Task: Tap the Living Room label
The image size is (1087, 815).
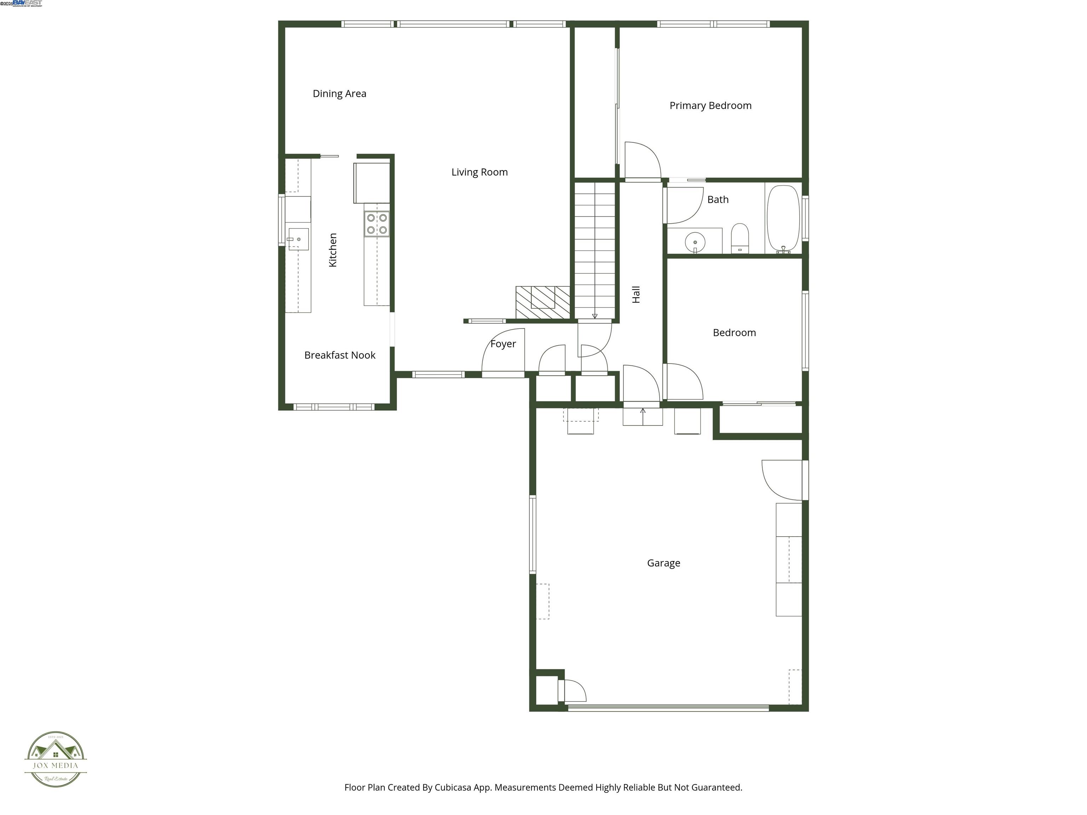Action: pyautogui.click(x=479, y=172)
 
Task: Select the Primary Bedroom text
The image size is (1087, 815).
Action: pyautogui.click(x=710, y=106)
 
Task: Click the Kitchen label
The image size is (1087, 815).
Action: pyautogui.click(x=333, y=250)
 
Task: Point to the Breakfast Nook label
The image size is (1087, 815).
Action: pyautogui.click(x=340, y=355)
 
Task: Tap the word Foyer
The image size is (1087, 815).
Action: pyautogui.click(x=503, y=344)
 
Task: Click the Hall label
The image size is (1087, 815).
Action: pyautogui.click(x=636, y=294)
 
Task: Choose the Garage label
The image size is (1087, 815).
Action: pyautogui.click(x=663, y=563)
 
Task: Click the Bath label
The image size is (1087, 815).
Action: pyautogui.click(x=718, y=200)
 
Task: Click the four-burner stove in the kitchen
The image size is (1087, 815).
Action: pyautogui.click(x=377, y=224)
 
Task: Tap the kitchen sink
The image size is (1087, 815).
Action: pyautogui.click(x=298, y=239)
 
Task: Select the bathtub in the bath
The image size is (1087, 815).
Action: pyautogui.click(x=784, y=219)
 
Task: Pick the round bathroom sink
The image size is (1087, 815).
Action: pyautogui.click(x=695, y=242)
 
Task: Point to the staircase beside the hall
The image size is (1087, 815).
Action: pyautogui.click(x=594, y=250)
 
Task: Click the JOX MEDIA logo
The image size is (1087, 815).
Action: pyautogui.click(x=56, y=759)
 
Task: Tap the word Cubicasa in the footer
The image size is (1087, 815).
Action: pyautogui.click(x=453, y=787)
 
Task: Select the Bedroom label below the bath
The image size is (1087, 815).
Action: pyautogui.click(x=734, y=333)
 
